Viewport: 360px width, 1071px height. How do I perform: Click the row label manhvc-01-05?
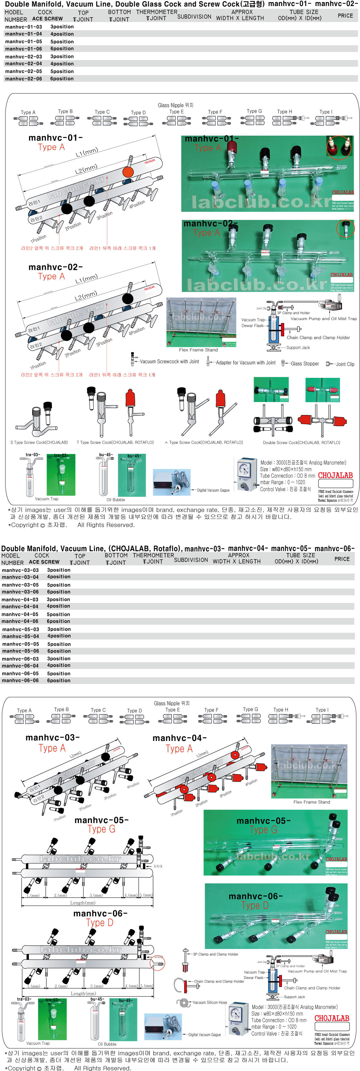[24, 41]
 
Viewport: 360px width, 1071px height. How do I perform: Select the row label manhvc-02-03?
[24, 56]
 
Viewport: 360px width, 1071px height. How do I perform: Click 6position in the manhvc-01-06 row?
[62, 49]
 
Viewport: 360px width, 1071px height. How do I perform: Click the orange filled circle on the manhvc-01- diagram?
[128, 172]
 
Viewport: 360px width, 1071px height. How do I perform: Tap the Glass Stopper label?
[305, 364]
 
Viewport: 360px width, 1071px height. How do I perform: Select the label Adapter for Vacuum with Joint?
[245, 363]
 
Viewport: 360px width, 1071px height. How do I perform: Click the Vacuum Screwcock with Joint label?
[169, 362]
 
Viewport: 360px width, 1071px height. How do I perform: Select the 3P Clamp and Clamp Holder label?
[215, 954]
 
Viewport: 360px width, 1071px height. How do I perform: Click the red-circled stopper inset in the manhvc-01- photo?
[338, 147]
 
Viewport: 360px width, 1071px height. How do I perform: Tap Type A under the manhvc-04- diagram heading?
[179, 749]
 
